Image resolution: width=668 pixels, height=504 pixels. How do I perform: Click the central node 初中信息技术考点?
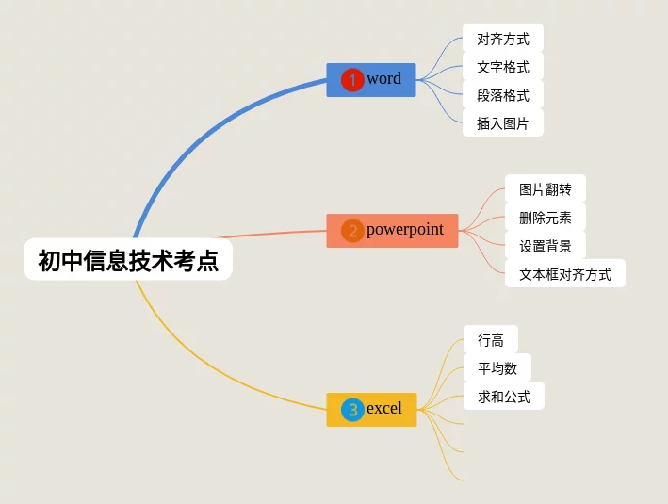tap(128, 260)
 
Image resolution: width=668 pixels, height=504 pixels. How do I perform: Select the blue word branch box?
tap(371, 79)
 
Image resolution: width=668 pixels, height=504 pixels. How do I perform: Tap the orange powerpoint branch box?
tap(392, 230)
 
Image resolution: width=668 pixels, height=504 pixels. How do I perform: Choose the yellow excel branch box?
tap(371, 409)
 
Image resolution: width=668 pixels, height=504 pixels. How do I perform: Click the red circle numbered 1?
tap(352, 80)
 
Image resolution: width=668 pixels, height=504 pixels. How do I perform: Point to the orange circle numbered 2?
tap(352, 231)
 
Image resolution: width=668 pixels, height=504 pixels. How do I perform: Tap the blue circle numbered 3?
tap(352, 410)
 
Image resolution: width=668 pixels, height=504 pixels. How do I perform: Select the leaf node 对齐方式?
tap(503, 39)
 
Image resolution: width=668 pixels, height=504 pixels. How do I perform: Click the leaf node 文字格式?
tap(503, 67)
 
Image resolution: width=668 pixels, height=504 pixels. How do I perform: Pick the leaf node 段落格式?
tap(503, 95)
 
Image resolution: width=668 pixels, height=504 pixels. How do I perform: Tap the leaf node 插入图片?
tap(503, 123)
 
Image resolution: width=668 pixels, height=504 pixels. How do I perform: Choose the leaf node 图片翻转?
tap(545, 189)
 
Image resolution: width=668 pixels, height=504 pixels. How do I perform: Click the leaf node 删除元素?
tap(545, 218)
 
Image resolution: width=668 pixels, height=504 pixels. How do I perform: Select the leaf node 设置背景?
tap(545, 246)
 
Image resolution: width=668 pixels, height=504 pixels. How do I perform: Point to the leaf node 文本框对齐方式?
tap(564, 274)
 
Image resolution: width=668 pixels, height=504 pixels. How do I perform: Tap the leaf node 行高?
tap(490, 340)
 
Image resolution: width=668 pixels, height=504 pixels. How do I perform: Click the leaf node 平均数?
tap(497, 368)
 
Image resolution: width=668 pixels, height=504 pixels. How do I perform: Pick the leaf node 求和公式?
tap(503, 397)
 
